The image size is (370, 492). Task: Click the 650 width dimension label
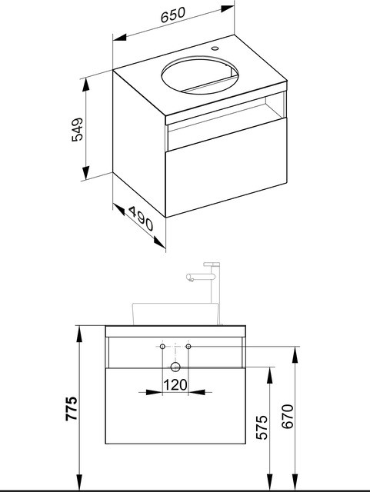pos(173,15)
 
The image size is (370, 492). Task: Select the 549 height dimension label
pos(77,130)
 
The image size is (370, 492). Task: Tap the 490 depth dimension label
pos(141,218)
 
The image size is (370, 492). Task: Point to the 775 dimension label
pos(72,408)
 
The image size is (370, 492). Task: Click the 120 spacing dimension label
pos(175,384)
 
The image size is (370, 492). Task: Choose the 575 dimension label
pos(262,427)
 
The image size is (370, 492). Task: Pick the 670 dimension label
pos(288,417)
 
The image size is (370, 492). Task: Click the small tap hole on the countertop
pos(215,48)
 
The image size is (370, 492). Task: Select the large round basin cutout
pos(200,75)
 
